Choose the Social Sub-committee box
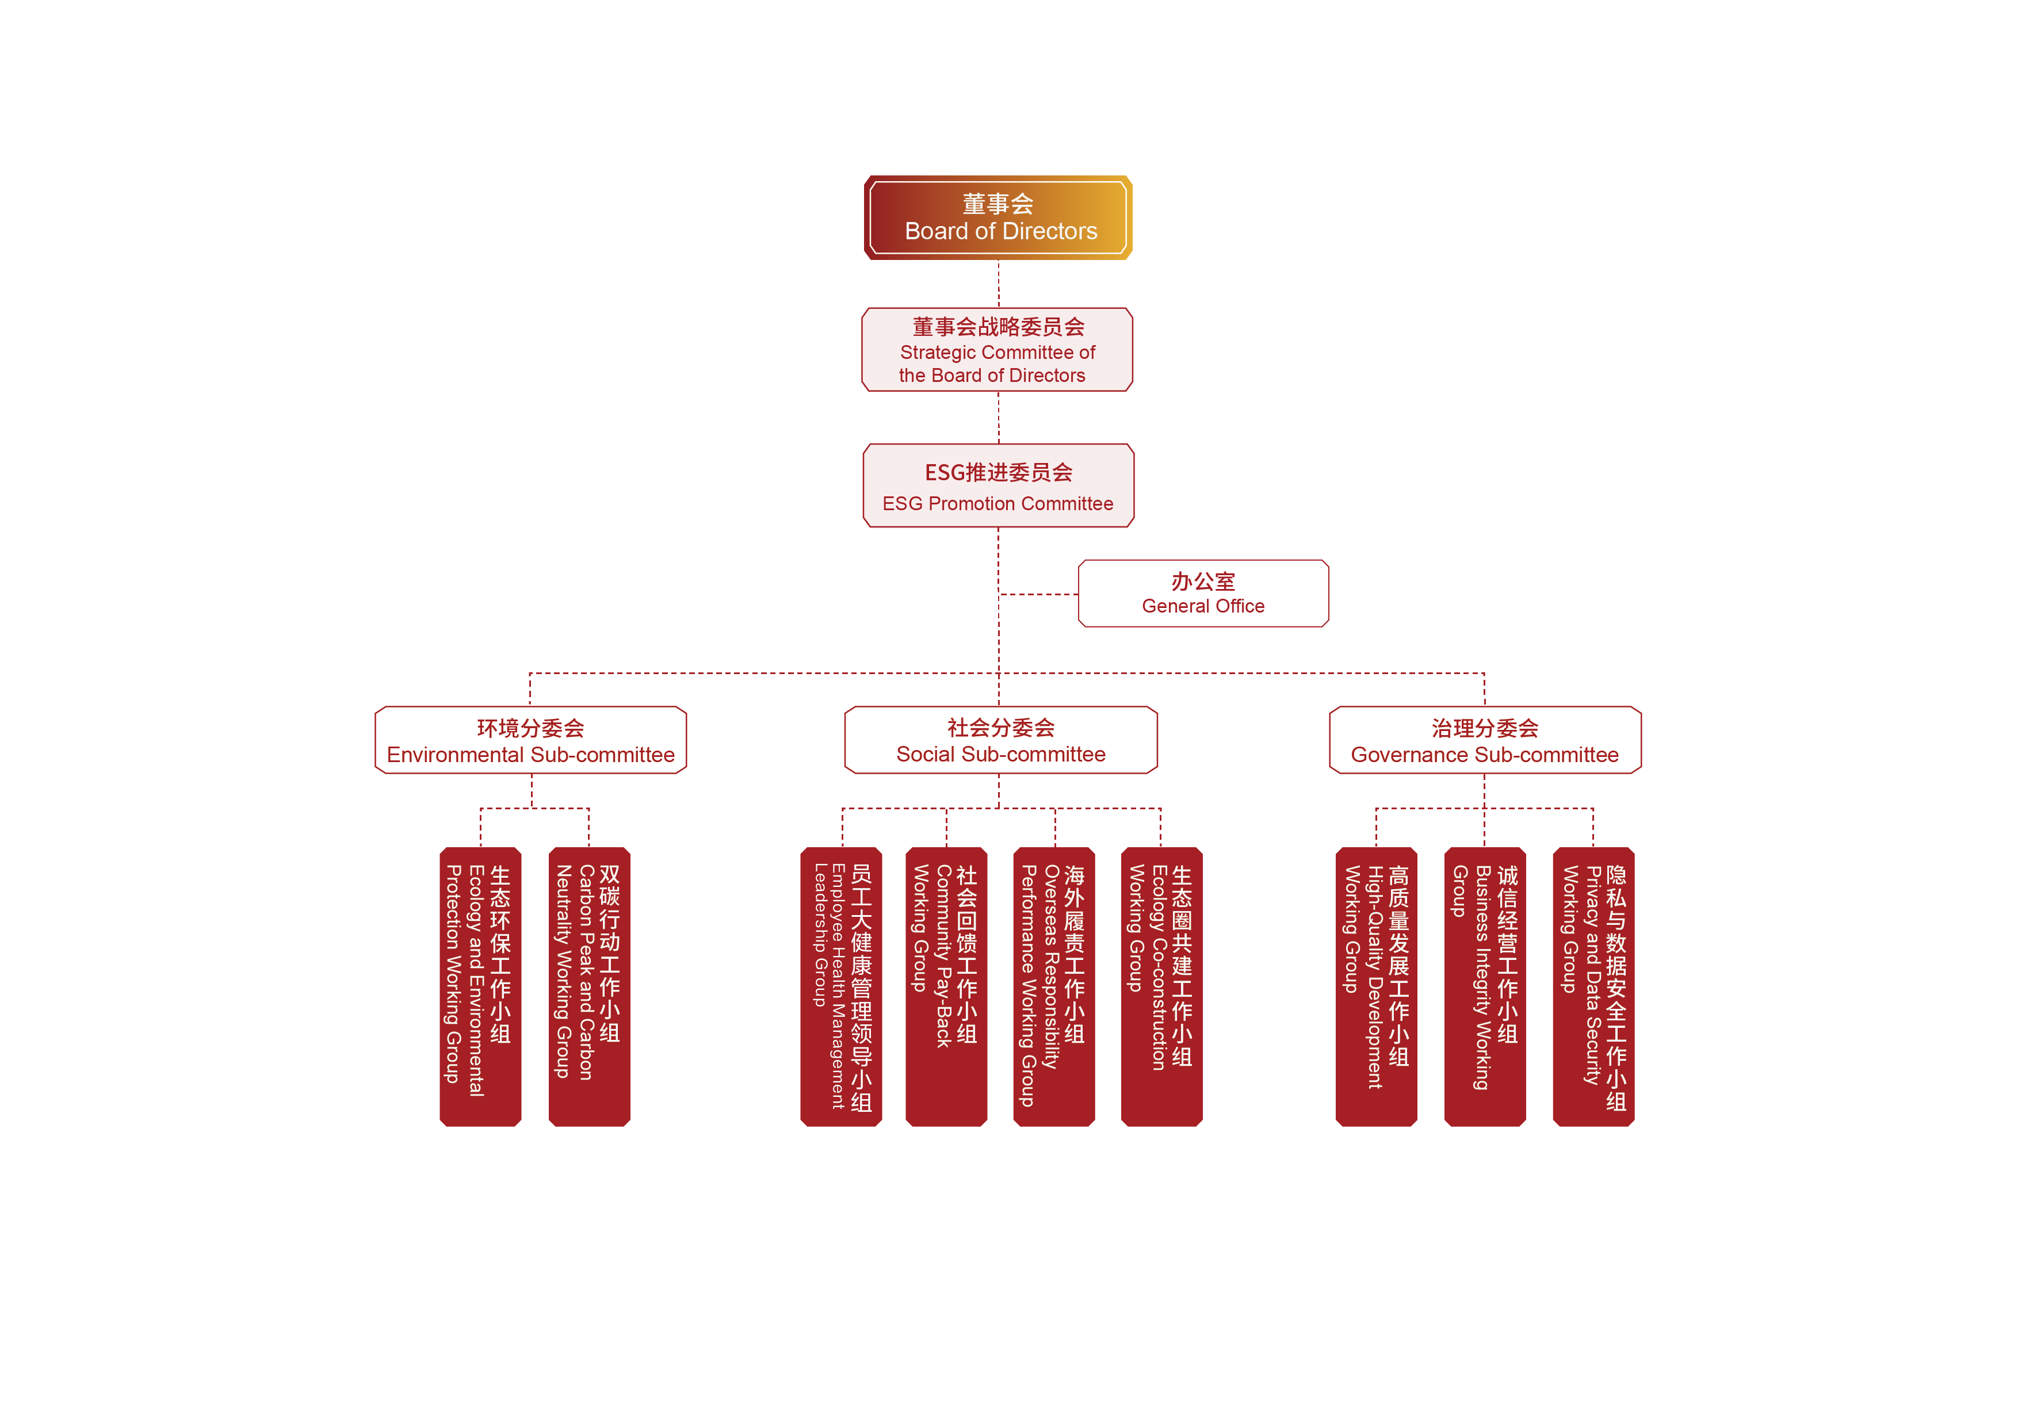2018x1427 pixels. click(x=1000, y=740)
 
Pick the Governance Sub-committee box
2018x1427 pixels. click(x=1485, y=740)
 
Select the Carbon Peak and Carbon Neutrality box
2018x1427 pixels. click(x=589, y=986)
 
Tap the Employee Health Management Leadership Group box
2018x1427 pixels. click(x=840, y=986)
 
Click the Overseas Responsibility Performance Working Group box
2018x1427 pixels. click(x=1054, y=986)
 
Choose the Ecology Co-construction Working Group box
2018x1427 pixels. click(x=1161, y=986)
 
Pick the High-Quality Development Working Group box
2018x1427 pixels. click(x=1377, y=986)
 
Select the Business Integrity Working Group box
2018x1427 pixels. click(x=1485, y=986)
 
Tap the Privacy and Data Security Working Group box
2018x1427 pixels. click(x=1593, y=986)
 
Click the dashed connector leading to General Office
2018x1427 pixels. click(x=1039, y=595)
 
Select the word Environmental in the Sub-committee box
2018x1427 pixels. click(x=454, y=755)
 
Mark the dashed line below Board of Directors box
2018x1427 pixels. click(x=999, y=283)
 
